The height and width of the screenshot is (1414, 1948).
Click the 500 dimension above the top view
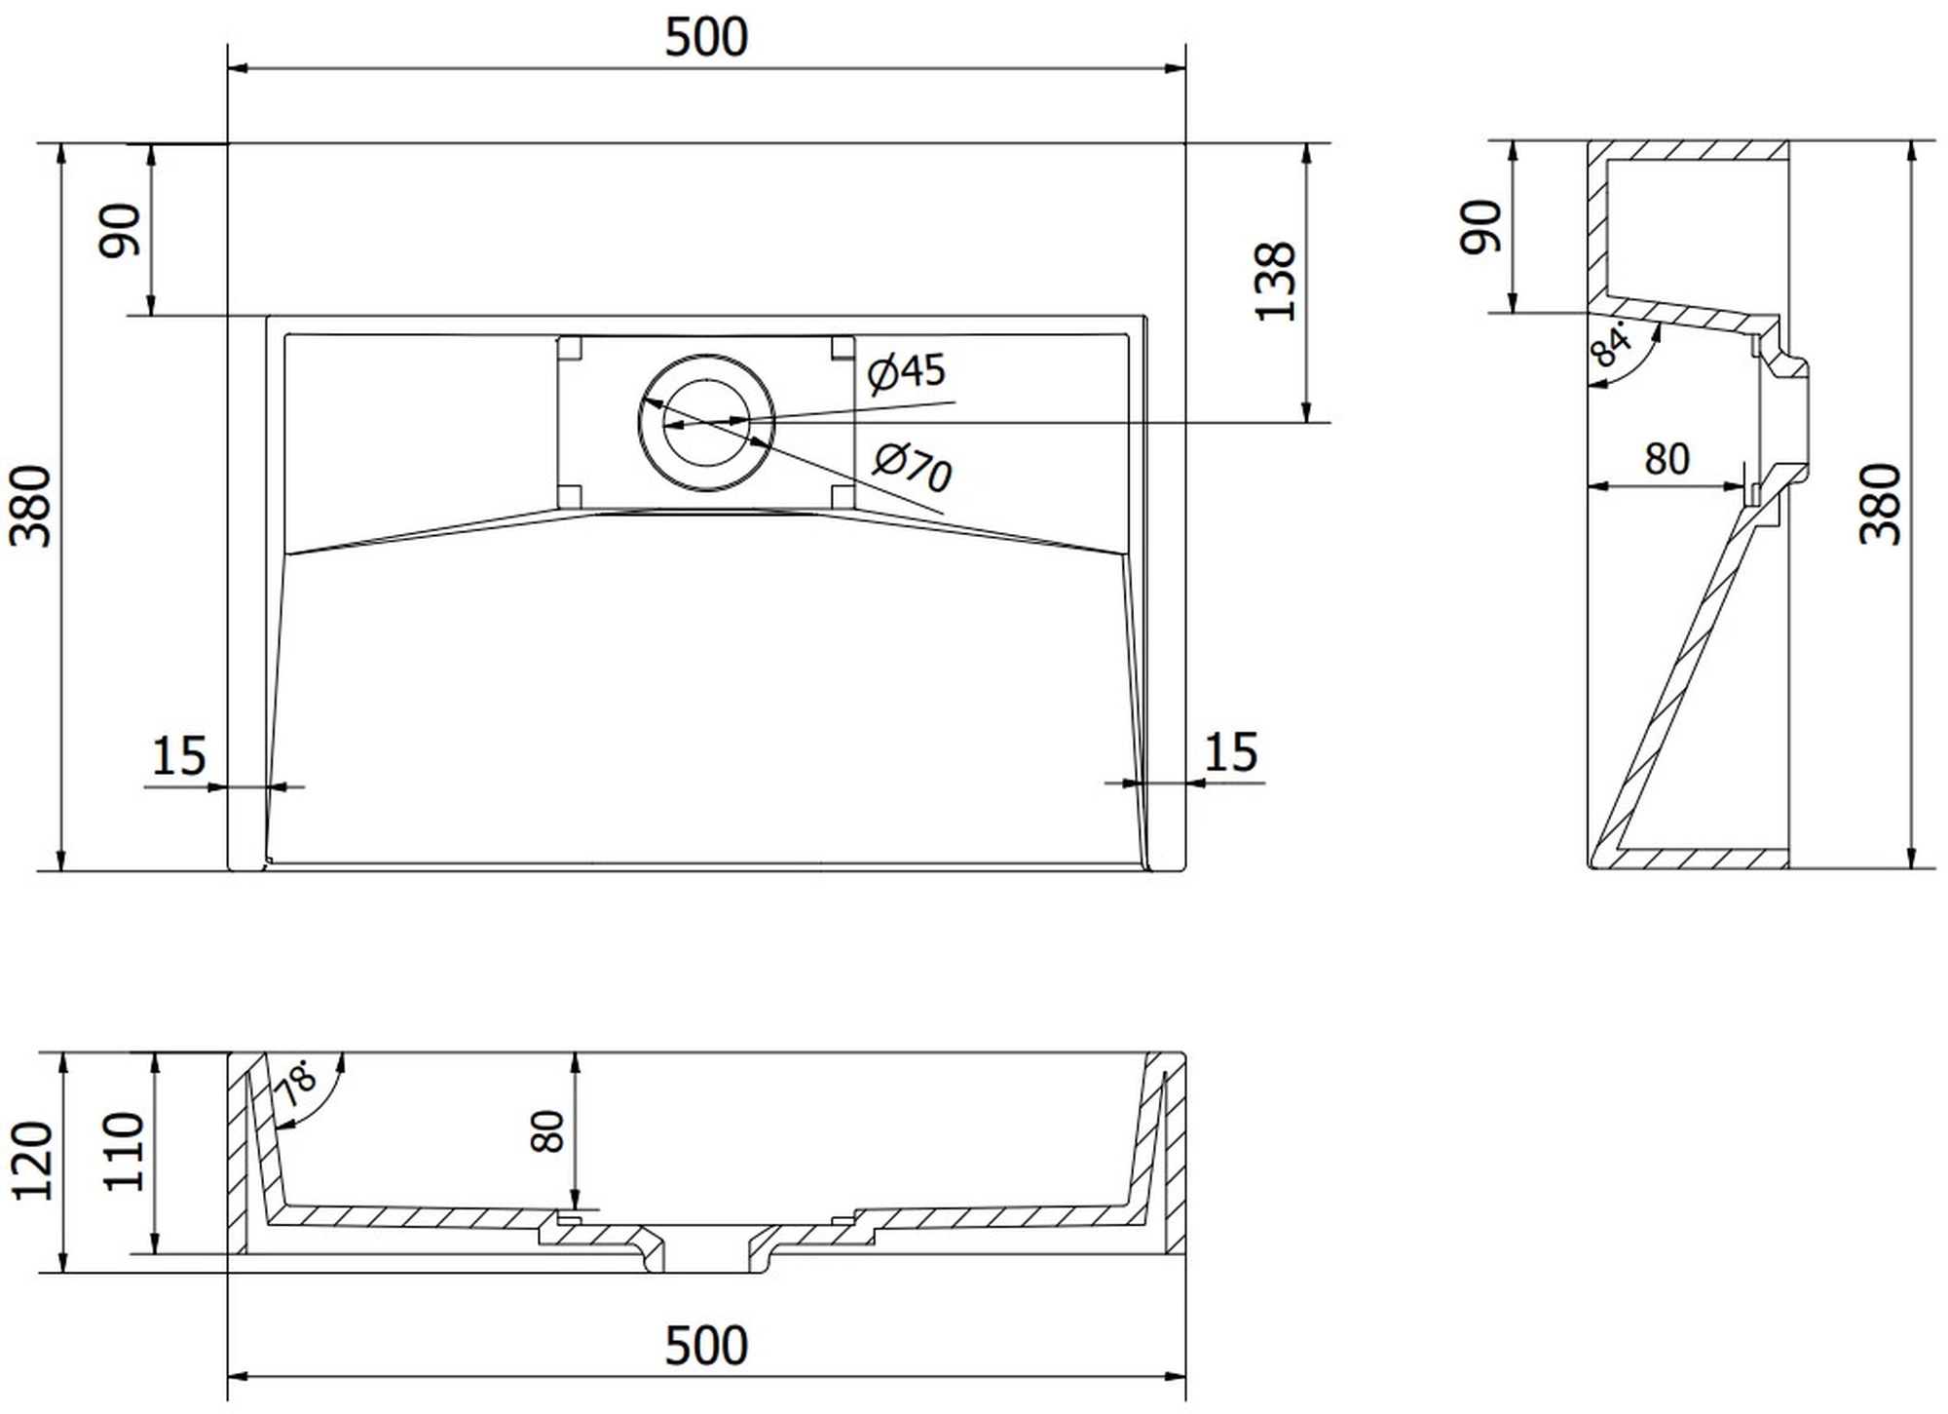(x=706, y=37)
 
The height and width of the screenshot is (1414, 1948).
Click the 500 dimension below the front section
(x=706, y=1346)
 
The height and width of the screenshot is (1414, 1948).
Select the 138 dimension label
(x=1275, y=282)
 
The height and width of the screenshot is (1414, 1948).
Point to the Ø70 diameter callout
(x=912, y=468)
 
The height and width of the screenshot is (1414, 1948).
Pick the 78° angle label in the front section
(x=297, y=1082)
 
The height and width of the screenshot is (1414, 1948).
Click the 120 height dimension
(x=32, y=1161)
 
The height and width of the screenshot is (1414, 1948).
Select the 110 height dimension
(x=124, y=1151)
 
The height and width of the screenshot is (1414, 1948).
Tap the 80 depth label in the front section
(x=548, y=1131)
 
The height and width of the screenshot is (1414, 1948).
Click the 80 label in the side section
(x=1667, y=459)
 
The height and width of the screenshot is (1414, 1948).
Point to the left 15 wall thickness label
(x=179, y=756)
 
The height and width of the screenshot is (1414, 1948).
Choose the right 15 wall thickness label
(x=1231, y=752)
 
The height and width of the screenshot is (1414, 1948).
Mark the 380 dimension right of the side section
(x=1880, y=504)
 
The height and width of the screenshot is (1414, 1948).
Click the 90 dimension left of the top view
(x=121, y=230)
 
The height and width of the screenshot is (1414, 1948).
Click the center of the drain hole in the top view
(x=706, y=422)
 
